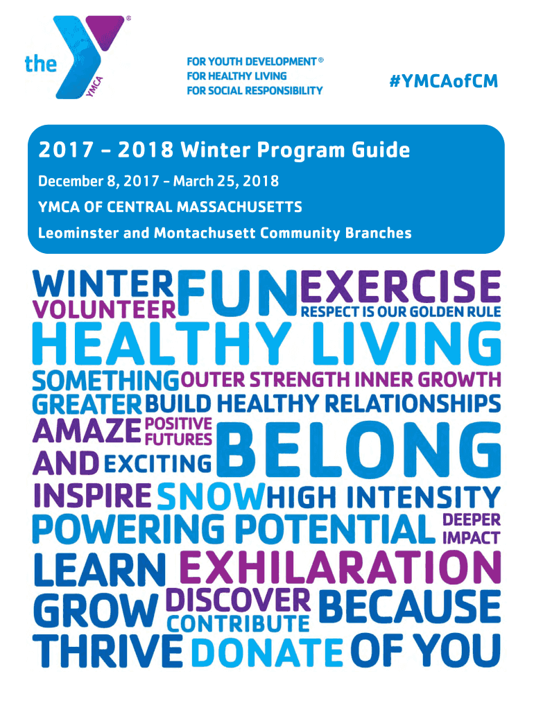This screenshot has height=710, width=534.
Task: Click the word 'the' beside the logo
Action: (x=41, y=64)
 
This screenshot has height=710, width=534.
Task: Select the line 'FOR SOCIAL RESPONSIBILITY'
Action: (x=255, y=90)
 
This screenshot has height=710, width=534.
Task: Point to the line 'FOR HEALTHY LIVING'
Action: (x=236, y=76)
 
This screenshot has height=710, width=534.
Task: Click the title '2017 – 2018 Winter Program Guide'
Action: (x=224, y=150)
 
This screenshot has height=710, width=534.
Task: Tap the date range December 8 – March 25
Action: (x=158, y=182)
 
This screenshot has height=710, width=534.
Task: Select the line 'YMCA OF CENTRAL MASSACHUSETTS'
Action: (x=170, y=207)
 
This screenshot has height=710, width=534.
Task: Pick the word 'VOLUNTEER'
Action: (x=104, y=309)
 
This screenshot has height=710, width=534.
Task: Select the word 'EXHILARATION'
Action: (x=339, y=568)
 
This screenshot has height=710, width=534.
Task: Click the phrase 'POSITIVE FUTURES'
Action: (x=178, y=431)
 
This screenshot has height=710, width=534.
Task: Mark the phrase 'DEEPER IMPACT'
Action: (x=471, y=528)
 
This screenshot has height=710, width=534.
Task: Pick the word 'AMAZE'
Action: (x=87, y=432)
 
